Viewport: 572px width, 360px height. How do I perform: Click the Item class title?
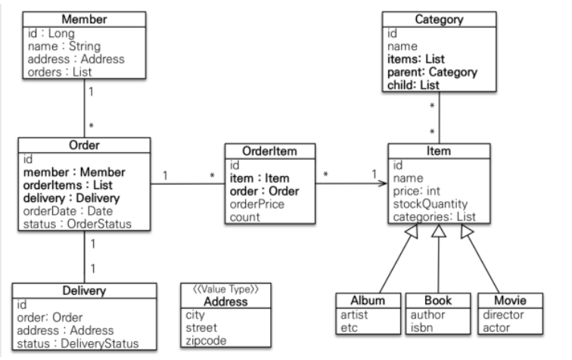(x=439, y=151)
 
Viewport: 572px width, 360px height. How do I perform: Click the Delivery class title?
(x=83, y=291)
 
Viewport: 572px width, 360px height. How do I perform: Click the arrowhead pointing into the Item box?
(x=383, y=182)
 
